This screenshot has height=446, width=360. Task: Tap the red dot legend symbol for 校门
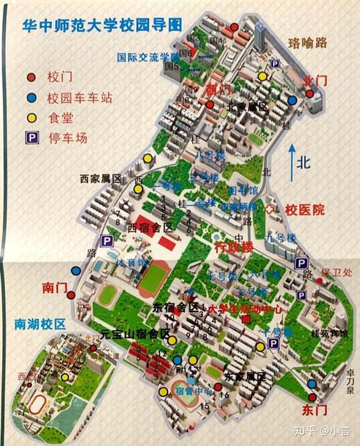coord(31,76)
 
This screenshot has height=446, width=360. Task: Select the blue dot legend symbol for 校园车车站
coord(31,96)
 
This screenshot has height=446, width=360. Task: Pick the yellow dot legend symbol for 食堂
coord(31,117)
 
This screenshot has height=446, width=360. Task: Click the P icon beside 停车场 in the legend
coord(31,137)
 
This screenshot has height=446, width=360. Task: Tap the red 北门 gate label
coord(315,80)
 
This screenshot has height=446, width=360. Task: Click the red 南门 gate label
coord(54,288)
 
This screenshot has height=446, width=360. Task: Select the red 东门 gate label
coord(310,411)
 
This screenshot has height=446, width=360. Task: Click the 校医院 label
coord(305,210)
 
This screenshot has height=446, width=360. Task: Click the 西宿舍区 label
coord(151,228)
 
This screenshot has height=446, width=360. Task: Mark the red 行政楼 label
coord(234,247)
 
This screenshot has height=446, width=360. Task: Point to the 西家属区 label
coord(100,177)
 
